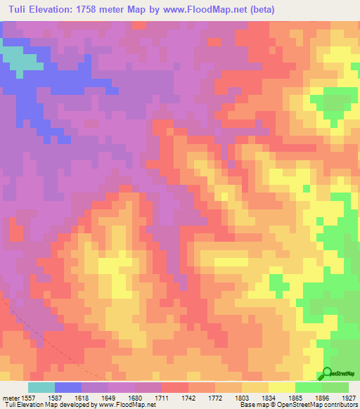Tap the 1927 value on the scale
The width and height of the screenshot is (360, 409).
pyautogui.click(x=349, y=398)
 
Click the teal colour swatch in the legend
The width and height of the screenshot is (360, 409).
pyautogui.click(x=41, y=387)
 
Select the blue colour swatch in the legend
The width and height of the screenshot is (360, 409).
pyautogui.click(x=68, y=387)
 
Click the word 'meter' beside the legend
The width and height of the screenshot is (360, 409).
pyautogui.click(x=12, y=398)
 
